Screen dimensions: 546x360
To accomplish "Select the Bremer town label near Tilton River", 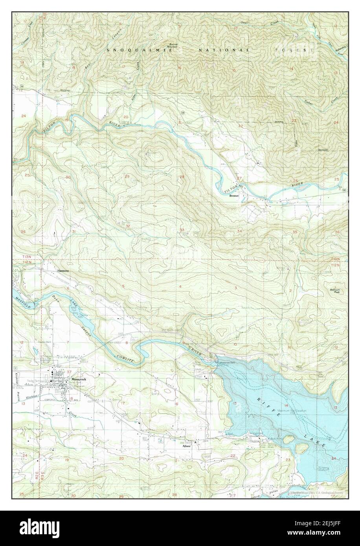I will [234, 195].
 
